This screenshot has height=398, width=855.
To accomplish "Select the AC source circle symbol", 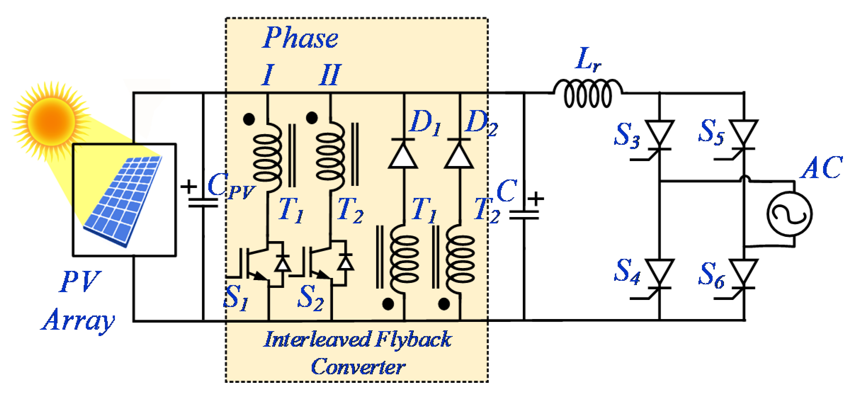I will click(790, 214).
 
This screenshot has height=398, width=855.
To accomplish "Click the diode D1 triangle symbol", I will click(403, 155).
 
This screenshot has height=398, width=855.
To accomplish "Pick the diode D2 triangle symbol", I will click(459, 155).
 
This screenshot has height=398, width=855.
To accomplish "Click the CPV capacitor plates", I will click(203, 203).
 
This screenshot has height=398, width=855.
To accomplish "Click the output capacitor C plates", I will click(524, 215).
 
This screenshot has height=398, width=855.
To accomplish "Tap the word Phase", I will click(301, 38).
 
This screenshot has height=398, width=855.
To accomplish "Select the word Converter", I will click(358, 367).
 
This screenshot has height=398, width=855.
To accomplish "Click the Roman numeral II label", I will click(330, 75).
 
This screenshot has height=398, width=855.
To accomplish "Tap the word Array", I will click(79, 320).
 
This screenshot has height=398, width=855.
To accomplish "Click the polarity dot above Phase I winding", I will click(249, 119).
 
